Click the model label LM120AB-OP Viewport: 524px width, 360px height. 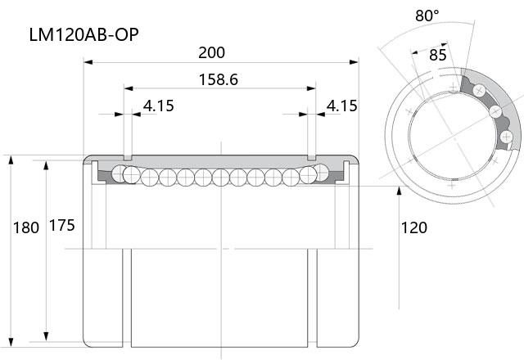(84, 34)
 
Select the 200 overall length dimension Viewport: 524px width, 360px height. (211, 52)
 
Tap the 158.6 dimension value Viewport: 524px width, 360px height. (219, 80)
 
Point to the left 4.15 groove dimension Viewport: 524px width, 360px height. (159, 106)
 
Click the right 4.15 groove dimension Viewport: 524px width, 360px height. (342, 106)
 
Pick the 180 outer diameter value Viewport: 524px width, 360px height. (26, 228)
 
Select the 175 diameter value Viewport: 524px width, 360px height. (62, 226)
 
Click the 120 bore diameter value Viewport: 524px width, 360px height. (413, 228)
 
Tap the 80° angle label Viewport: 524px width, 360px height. (427, 16)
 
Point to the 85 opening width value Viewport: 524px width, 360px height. (438, 55)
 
